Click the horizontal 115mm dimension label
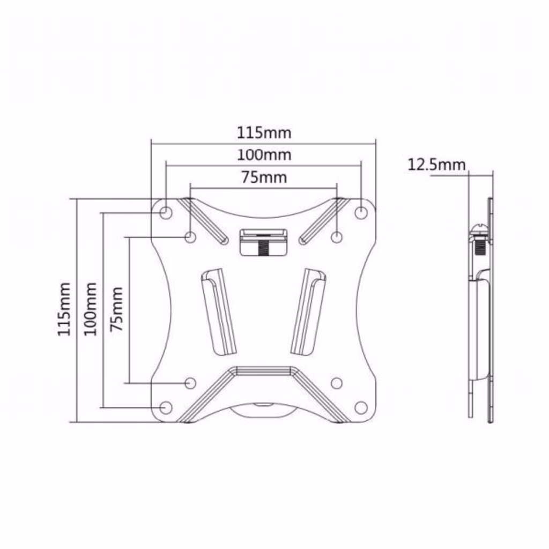[264, 133]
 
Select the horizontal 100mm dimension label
[264, 155]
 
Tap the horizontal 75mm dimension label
[264, 177]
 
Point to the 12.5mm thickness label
[436, 165]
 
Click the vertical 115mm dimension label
[64, 309]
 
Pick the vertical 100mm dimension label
[90, 309]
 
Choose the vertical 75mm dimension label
[116, 309]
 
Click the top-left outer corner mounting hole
[166, 212]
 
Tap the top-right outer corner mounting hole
[361, 212]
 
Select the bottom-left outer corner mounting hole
[166, 407]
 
